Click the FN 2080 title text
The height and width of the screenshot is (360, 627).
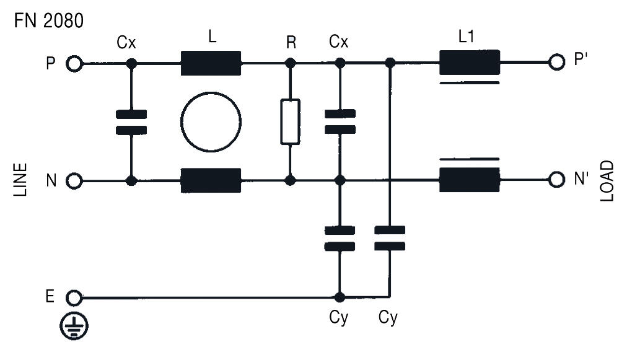click(48, 20)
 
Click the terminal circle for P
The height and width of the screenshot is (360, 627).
click(74, 63)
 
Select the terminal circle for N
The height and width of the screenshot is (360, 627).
click(74, 181)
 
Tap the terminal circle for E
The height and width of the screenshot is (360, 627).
click(74, 298)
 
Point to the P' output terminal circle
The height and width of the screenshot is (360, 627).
click(556, 63)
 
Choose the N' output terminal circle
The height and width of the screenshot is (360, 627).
click(556, 180)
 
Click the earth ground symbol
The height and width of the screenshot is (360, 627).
click(74, 326)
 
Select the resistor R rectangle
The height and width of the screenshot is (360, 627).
click(290, 121)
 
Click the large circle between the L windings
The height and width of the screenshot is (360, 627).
click(211, 122)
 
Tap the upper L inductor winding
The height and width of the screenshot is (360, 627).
click(211, 63)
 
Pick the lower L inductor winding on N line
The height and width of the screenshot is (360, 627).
click(211, 180)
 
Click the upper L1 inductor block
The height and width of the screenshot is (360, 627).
click(469, 63)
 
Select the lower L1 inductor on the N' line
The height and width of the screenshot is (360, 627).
click(469, 180)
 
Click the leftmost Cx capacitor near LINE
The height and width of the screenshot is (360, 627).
click(131, 122)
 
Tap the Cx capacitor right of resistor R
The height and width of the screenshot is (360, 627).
click(340, 121)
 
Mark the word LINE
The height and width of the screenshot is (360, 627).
click(21, 180)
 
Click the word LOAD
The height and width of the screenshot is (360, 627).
click(607, 180)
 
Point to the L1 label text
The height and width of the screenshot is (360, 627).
click(467, 37)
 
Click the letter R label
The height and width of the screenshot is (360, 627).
click(291, 43)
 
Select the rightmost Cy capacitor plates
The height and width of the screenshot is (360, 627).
click(390, 238)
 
